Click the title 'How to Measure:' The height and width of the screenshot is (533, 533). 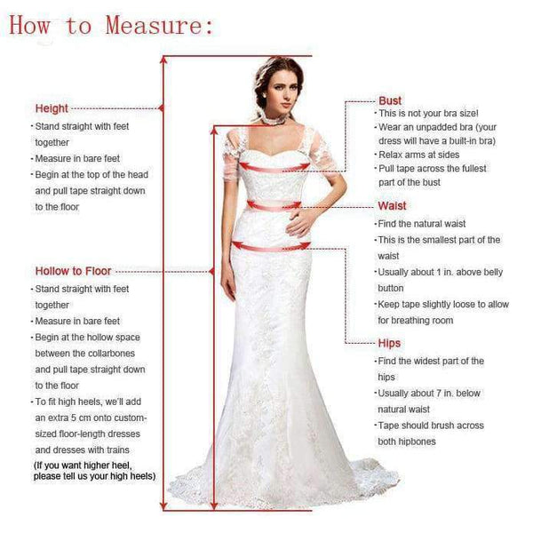(x=111, y=25)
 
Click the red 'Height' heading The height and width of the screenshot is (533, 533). (x=52, y=108)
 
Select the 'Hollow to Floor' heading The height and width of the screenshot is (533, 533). (x=74, y=271)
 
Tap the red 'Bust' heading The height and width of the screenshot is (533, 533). (x=390, y=101)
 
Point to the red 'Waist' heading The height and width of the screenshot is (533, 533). (x=392, y=206)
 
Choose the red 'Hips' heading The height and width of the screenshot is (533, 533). (x=389, y=343)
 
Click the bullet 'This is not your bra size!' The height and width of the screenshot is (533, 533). (x=428, y=114)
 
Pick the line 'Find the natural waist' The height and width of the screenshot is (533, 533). (x=421, y=224)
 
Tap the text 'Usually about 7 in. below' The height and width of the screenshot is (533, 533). (x=429, y=393)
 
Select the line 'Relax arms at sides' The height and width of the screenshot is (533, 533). (x=419, y=155)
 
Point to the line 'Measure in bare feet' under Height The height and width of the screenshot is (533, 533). (x=78, y=158)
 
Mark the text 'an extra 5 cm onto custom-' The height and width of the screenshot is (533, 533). (x=91, y=417)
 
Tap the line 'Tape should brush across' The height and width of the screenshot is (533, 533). (x=431, y=426)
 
